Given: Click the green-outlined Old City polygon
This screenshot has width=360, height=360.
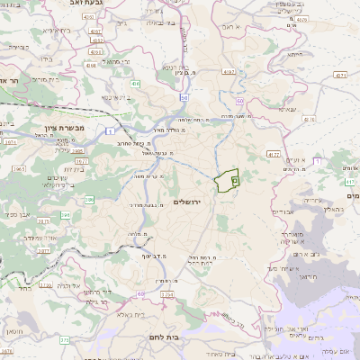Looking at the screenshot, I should tap(229, 180).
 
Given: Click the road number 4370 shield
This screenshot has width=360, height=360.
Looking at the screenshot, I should tap(301, 19).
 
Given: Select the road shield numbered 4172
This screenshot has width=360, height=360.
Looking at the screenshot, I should tap(274, 155).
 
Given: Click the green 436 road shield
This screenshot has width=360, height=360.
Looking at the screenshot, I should tap(135, 84).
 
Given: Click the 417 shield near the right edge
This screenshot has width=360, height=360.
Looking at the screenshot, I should tap(349, 182).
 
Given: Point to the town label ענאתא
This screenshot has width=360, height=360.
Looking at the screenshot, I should tap(288, 111).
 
